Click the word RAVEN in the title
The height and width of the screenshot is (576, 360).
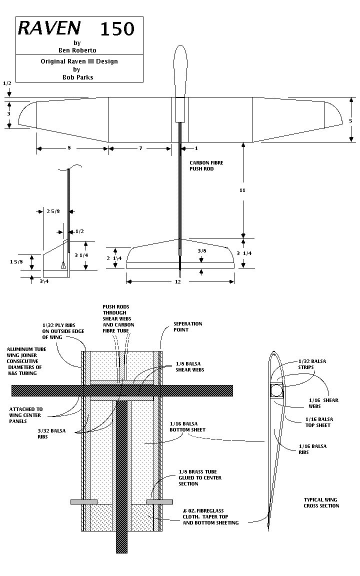(x=42, y=28)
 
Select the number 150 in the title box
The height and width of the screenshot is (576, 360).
(x=117, y=29)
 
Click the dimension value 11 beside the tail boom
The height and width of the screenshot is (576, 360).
(x=243, y=190)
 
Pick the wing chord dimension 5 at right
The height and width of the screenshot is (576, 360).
(x=350, y=120)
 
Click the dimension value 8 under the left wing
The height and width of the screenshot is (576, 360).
(x=69, y=148)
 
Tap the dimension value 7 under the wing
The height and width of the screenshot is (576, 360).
(x=140, y=148)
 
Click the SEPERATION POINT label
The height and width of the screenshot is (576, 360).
(x=187, y=327)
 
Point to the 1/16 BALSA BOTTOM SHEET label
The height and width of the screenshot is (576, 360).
(x=187, y=426)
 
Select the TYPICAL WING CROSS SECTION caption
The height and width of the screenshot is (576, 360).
(x=321, y=502)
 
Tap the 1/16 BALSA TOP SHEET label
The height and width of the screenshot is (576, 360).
(x=318, y=422)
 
